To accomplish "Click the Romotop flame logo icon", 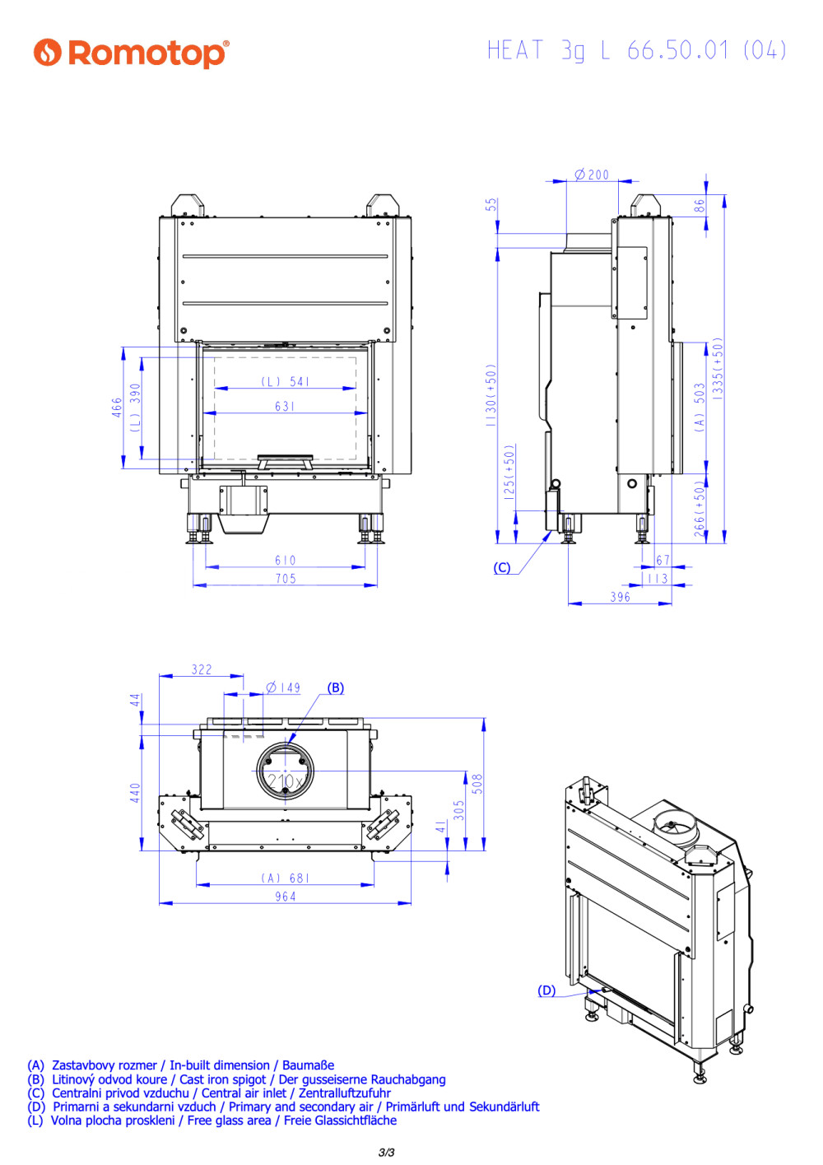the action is pyautogui.click(x=47, y=52).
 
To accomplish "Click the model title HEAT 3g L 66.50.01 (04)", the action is pyautogui.click(x=636, y=51).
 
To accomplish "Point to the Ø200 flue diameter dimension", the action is pyautogui.click(x=592, y=175).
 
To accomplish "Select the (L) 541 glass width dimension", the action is pyautogui.click(x=285, y=381).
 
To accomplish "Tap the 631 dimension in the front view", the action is pyautogui.click(x=285, y=406).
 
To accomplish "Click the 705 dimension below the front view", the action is pyautogui.click(x=286, y=578).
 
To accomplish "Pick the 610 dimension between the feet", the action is pyautogui.click(x=286, y=560).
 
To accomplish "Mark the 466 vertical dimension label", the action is pyautogui.click(x=117, y=407).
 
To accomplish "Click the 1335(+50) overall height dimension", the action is pyautogui.click(x=718, y=369).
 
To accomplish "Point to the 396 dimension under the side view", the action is pyautogui.click(x=621, y=597).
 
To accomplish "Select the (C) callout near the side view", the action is pyautogui.click(x=502, y=567).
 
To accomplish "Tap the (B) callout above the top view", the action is pyautogui.click(x=335, y=687).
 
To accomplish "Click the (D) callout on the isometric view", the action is pyautogui.click(x=546, y=990).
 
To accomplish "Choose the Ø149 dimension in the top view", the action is pyautogui.click(x=283, y=687).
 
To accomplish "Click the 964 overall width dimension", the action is pyautogui.click(x=286, y=896).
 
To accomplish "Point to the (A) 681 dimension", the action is pyautogui.click(x=285, y=878).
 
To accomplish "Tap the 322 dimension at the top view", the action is pyautogui.click(x=202, y=669).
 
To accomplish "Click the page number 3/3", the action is pyautogui.click(x=386, y=1153).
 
